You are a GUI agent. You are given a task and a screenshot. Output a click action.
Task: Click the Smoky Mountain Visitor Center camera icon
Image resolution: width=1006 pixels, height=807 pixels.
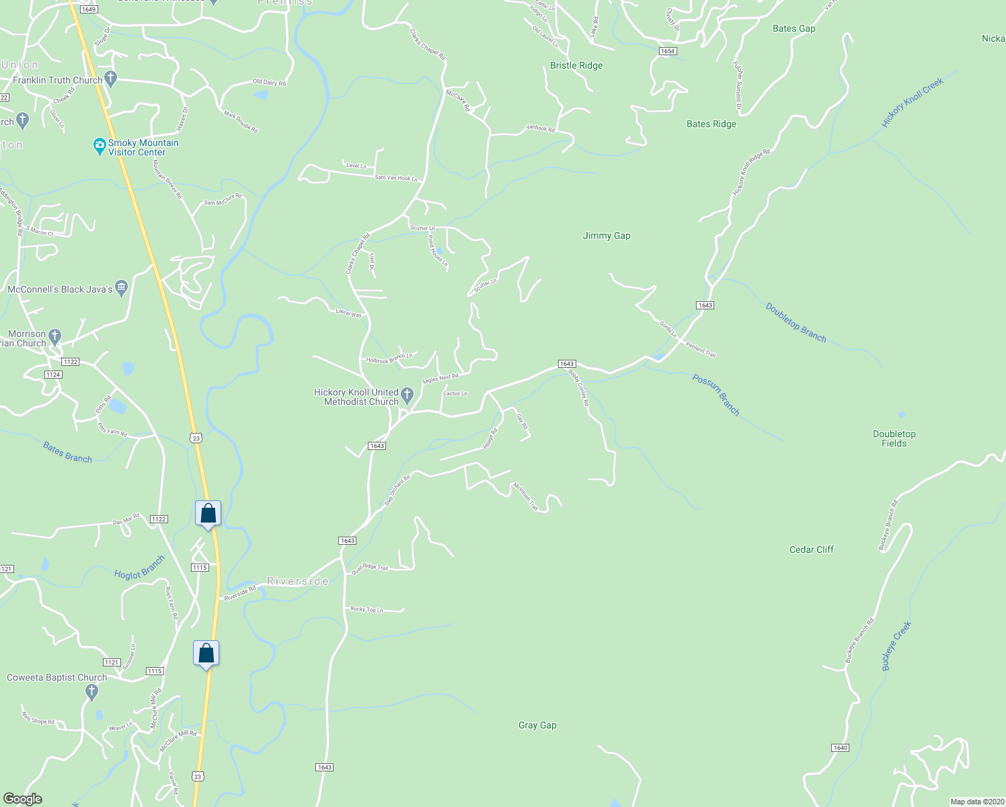(x=100, y=145)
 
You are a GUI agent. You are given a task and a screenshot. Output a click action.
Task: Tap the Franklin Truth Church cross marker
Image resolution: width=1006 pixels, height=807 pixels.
(x=112, y=79)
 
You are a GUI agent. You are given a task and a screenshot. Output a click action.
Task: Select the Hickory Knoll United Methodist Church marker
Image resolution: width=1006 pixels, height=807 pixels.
(x=407, y=393)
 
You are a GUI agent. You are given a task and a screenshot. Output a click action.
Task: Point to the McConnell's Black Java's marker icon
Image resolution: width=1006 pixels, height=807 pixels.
(x=121, y=289)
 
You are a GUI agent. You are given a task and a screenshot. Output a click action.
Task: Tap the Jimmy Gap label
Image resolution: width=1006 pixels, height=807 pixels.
(x=607, y=235)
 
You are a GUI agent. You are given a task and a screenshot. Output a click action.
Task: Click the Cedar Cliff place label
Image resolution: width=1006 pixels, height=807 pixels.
(x=811, y=549)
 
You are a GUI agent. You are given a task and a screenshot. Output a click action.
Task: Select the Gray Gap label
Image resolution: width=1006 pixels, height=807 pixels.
(x=537, y=725)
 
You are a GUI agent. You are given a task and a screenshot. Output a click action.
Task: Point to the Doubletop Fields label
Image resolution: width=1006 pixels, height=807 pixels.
(x=894, y=438)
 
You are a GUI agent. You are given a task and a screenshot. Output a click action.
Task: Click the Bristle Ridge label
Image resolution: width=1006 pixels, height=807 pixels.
(x=576, y=65)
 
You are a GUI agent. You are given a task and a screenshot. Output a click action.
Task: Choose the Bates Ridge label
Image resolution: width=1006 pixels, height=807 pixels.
(x=711, y=124)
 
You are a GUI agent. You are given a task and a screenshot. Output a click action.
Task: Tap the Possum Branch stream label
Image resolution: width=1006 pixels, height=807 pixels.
(x=716, y=395)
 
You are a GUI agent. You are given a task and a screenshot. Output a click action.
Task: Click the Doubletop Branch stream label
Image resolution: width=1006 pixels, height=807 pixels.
(x=796, y=322)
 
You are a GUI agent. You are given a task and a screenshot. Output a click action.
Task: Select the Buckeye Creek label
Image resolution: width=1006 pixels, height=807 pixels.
(x=896, y=646)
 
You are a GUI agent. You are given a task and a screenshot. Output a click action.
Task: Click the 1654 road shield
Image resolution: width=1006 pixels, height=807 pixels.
(x=667, y=51)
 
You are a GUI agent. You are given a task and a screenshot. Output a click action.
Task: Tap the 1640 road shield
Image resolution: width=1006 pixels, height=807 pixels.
(x=840, y=748)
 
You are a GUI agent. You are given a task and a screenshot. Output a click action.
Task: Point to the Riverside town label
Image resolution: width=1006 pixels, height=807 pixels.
(x=298, y=581)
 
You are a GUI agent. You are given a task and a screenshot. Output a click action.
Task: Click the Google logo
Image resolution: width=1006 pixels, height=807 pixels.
(x=23, y=799)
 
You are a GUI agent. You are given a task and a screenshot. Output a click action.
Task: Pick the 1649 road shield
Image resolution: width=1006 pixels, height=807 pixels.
(x=89, y=9)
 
